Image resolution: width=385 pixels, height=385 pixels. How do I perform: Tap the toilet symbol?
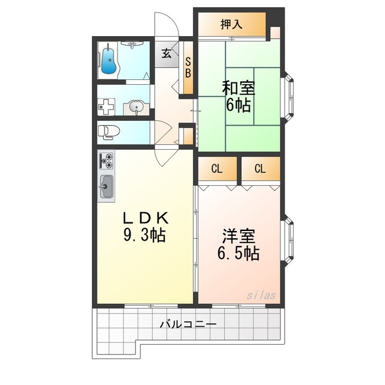[108, 132]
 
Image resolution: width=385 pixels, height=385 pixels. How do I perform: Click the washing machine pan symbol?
[106, 107]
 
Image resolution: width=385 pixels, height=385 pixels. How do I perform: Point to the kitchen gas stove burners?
[106, 161]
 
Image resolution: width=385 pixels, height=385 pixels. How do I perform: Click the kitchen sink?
[106, 187]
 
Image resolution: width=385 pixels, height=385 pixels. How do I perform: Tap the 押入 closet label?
[232, 25]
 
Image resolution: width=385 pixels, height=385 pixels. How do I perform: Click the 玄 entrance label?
[167, 54]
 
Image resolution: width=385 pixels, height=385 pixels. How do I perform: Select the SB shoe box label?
[188, 67]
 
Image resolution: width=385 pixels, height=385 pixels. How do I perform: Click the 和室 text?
[239, 88]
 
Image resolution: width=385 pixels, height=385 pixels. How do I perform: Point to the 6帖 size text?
[238, 105]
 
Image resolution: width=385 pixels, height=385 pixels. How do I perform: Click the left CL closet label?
[217, 169]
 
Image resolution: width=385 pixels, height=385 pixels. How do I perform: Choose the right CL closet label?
[260, 169]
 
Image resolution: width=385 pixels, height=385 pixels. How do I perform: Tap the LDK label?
[146, 218]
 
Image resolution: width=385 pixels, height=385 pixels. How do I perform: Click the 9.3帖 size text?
[144, 235]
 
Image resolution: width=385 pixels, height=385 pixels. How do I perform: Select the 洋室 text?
[239, 236]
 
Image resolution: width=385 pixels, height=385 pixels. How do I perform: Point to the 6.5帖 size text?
[238, 253]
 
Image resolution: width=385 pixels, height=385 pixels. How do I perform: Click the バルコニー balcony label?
[188, 325]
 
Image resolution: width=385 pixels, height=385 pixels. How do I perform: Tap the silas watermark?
[261, 295]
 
